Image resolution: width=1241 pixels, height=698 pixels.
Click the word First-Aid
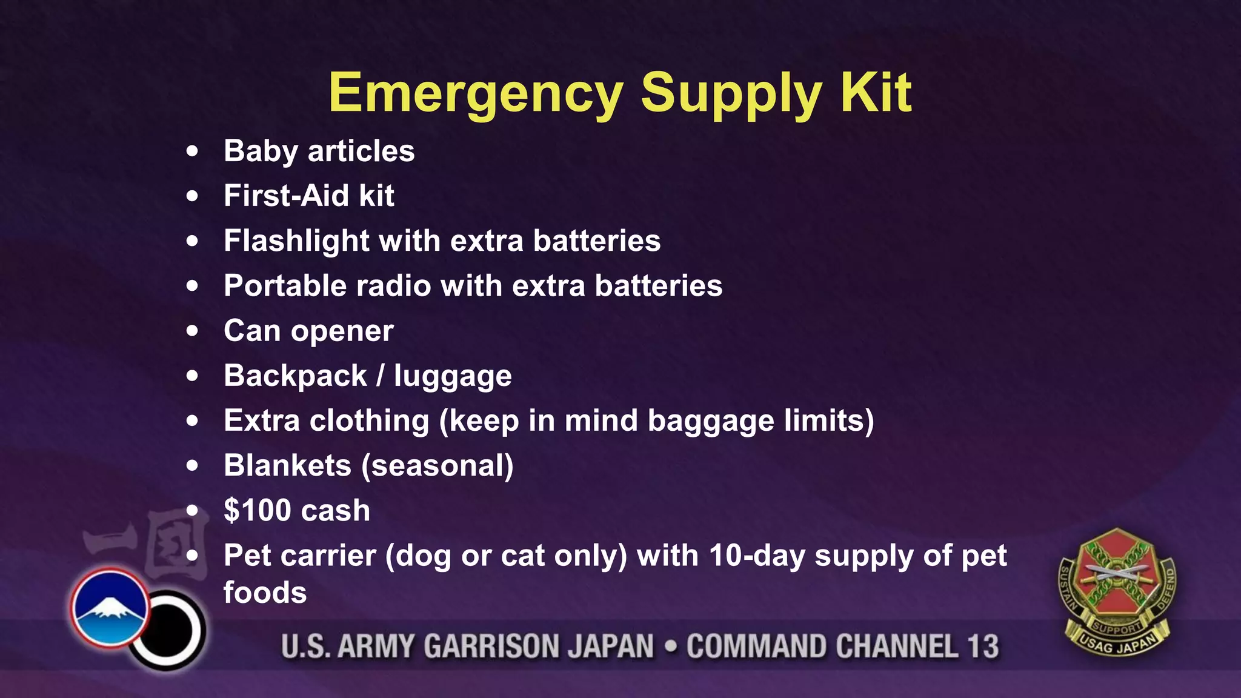[286, 196]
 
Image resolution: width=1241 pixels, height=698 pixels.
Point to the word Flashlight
[296, 241]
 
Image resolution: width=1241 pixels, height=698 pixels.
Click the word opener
[342, 331]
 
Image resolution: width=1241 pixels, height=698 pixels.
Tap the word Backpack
[295, 376]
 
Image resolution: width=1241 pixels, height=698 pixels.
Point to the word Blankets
[287, 465]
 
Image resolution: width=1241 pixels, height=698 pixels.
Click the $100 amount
[258, 510]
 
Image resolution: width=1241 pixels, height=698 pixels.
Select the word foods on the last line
[265, 592]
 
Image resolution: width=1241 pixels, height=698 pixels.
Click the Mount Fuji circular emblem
[110, 608]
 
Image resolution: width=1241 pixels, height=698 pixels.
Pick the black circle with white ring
[168, 630]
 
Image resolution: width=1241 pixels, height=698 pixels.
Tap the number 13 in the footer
[982, 646]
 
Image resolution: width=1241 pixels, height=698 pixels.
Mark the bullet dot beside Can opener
[193, 331]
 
